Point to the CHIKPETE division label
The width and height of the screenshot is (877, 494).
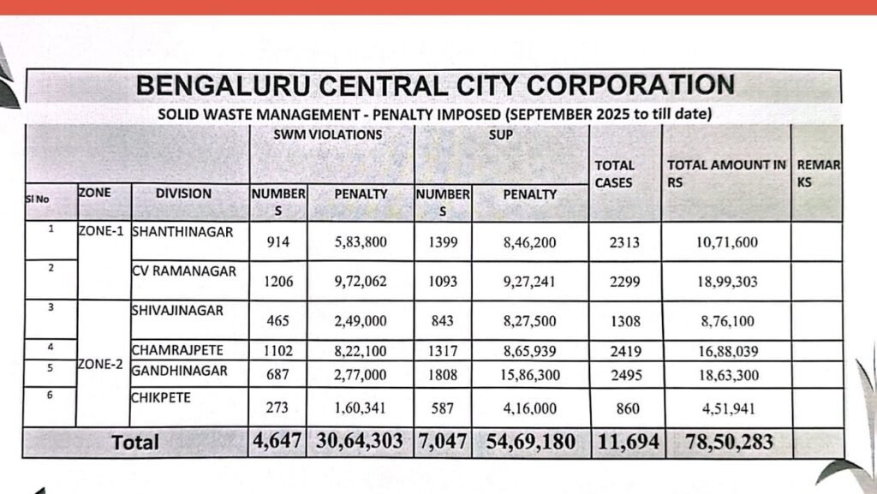(161, 397)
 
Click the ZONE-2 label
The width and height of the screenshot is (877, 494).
(102, 363)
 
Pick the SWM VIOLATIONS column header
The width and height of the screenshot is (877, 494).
(328, 135)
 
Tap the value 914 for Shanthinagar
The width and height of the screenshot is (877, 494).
(277, 242)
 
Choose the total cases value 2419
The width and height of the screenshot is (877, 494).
(627, 350)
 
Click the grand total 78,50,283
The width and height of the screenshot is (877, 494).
(729, 442)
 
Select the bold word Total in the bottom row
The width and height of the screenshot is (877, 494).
(136, 443)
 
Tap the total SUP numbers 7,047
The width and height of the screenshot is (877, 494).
(442, 442)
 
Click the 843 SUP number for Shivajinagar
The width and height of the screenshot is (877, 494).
(442, 321)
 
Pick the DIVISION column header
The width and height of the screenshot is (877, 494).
(183, 193)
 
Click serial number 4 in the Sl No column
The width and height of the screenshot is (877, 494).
(51, 348)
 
